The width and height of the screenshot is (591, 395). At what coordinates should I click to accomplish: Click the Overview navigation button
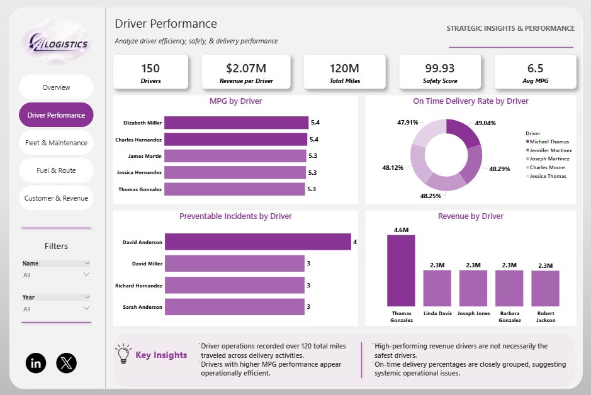point(56,87)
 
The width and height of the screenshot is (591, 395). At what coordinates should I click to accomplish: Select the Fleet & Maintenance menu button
point(56,143)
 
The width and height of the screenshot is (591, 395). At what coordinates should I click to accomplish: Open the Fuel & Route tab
point(56,170)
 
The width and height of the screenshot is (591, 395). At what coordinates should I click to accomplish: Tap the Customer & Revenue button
point(56,198)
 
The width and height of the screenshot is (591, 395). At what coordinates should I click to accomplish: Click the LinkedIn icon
point(36,363)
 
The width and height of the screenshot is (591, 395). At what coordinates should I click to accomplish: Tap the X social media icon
point(66,363)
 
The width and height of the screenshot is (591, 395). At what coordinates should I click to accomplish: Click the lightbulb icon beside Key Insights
point(123,353)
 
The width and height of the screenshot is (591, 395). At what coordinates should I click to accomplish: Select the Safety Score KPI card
point(440,72)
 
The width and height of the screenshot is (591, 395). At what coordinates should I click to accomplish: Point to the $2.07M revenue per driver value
point(246,68)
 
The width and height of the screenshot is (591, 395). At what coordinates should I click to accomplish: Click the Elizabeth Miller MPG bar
point(236,123)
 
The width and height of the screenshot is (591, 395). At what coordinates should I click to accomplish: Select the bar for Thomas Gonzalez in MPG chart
point(234,189)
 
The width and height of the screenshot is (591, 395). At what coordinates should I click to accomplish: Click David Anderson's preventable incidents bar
point(258,242)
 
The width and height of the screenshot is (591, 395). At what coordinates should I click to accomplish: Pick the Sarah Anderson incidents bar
point(234,307)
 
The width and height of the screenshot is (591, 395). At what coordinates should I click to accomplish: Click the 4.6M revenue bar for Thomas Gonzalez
point(401,270)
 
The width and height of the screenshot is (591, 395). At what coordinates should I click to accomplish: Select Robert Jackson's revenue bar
point(546,289)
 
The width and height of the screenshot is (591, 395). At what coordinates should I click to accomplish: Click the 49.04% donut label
point(485,123)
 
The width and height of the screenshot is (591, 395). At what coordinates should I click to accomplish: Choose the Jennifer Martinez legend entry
point(549,150)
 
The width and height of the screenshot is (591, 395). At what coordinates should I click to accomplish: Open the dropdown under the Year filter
point(56,309)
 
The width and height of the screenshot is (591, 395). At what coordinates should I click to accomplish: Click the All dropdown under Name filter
point(56,275)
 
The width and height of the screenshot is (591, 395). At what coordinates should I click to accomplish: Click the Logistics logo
point(59,43)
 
